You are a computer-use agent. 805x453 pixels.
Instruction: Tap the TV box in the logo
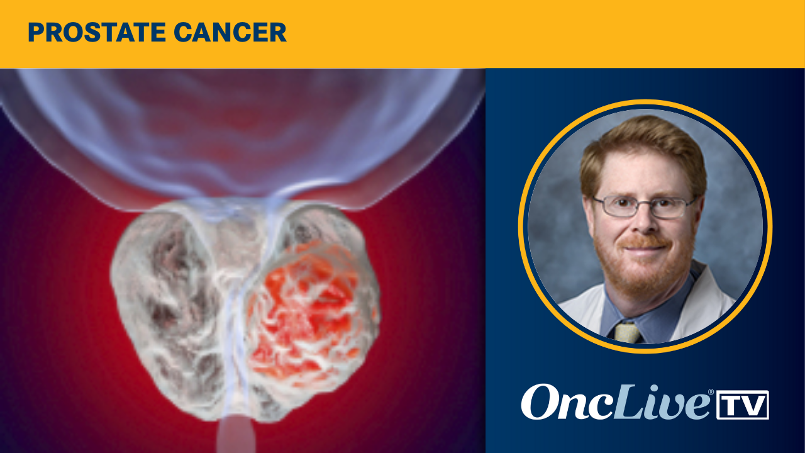tap(743, 405)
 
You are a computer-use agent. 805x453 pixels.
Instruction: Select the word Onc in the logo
tap(553, 403)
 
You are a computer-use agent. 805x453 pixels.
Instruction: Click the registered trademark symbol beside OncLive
tap(711, 392)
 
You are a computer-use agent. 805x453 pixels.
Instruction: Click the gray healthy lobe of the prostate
tap(170, 296)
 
